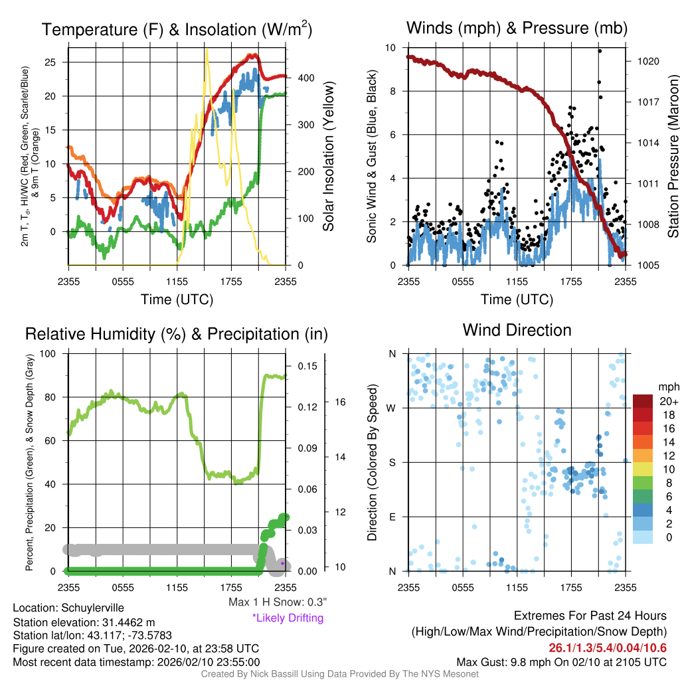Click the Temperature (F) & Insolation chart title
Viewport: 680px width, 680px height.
[177, 29]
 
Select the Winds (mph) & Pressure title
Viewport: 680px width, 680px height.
[517, 28]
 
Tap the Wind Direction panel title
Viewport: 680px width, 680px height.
[517, 330]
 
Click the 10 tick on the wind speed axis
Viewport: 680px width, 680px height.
[392, 48]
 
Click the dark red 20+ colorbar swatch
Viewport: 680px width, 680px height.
[643, 401]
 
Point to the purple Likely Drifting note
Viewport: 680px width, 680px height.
[288, 618]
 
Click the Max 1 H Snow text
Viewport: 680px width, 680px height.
[278, 602]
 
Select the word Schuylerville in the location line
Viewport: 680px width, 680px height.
[92, 608]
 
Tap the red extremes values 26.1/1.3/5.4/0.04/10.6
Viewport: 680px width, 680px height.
[608, 648]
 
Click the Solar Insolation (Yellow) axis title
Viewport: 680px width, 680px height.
[329, 157]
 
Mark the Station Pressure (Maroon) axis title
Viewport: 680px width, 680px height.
[672, 156]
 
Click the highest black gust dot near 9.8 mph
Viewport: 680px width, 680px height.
[600, 51]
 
